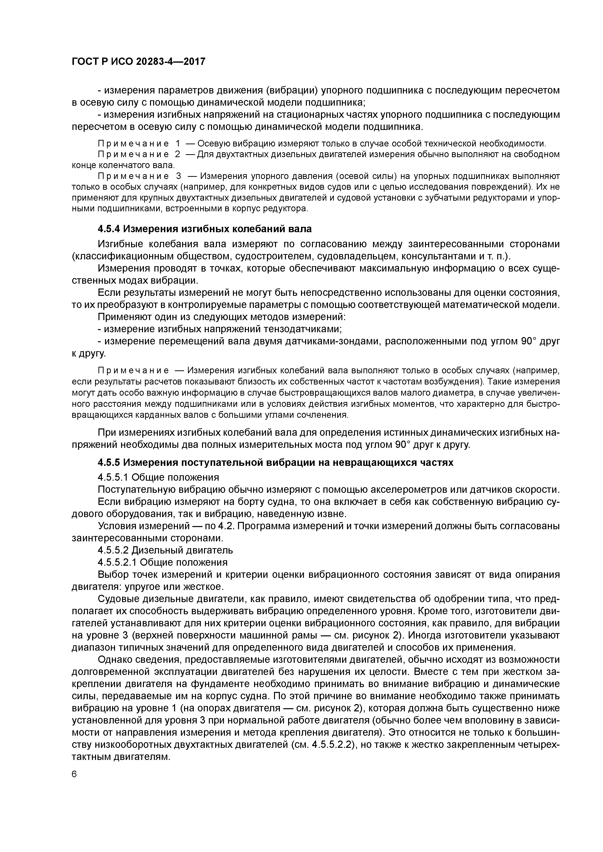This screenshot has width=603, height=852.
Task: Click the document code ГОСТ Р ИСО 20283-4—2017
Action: click(138, 62)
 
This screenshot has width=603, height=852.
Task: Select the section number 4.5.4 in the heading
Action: click(108, 229)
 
